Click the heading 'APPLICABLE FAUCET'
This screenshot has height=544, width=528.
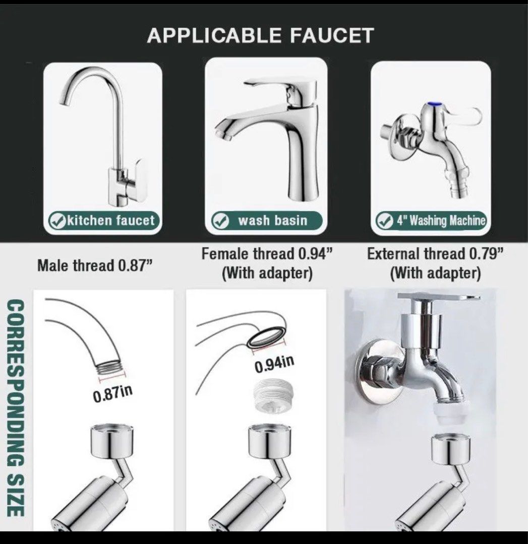click(260, 35)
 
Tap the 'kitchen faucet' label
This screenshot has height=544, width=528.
click(110, 220)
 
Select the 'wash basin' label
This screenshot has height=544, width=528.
click(272, 221)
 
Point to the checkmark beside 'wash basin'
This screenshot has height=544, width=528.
click(220, 221)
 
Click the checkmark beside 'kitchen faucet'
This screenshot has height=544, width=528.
click(56, 221)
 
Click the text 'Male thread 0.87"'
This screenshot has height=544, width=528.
click(95, 265)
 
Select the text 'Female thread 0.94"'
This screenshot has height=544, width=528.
click(267, 254)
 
